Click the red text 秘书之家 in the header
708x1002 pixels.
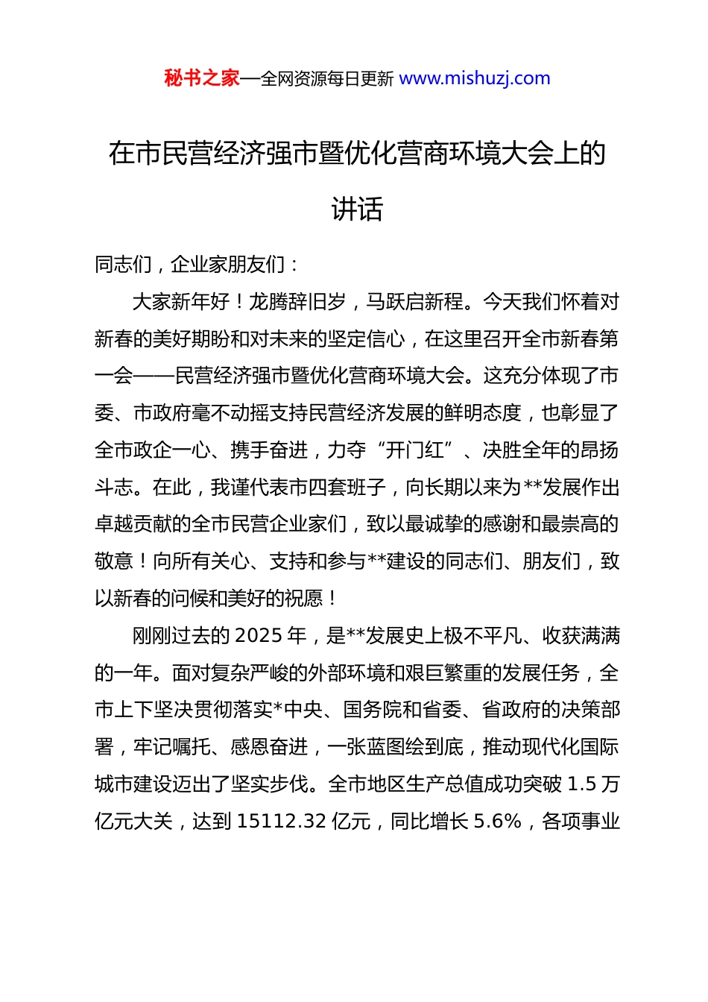pos(201,78)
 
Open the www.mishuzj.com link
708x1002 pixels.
pos(475,78)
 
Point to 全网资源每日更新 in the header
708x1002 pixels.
pos(326,78)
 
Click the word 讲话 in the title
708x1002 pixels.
pos(357,209)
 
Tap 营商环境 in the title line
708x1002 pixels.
pos(449,154)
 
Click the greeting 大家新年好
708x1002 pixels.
pos(181,302)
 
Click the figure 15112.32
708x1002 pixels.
pos(281,822)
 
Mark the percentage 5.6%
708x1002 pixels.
pos(497,822)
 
